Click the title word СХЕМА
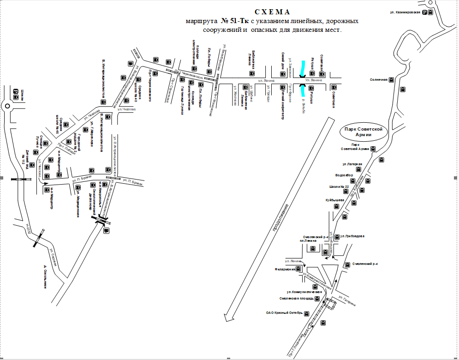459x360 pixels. pos(273,12)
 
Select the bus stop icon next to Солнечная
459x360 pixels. pos(391,80)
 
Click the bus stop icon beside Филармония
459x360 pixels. pos(298,268)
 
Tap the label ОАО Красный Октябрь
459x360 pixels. pos(284,312)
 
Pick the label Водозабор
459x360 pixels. pos(344,175)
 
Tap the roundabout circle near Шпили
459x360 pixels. pos(7,106)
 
